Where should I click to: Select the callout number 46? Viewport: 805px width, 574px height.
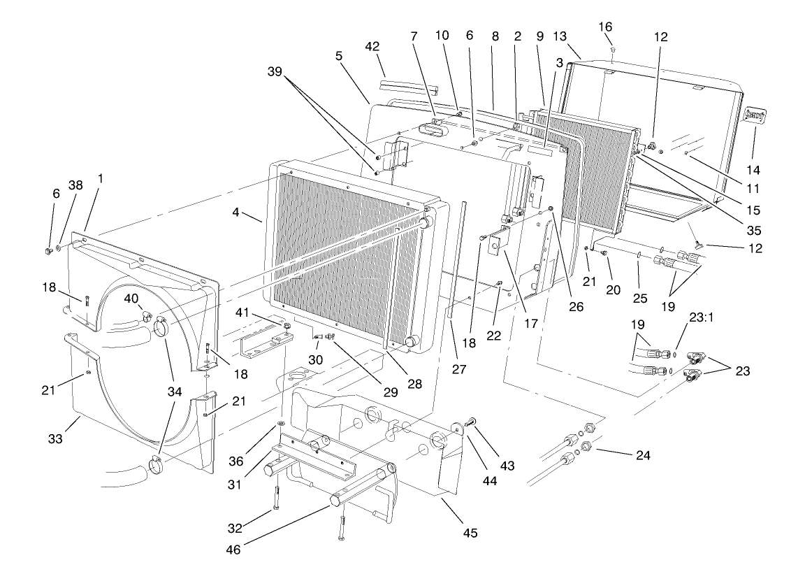coord(233,550)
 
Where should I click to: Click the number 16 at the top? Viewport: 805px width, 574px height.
coord(605,27)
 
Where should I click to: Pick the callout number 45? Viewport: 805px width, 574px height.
coord(470,533)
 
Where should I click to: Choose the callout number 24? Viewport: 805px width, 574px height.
coord(643,455)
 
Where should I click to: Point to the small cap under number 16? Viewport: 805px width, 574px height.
coord(613,50)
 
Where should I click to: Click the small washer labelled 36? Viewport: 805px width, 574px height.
coord(280,424)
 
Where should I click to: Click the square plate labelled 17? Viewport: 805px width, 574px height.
coord(500,245)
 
